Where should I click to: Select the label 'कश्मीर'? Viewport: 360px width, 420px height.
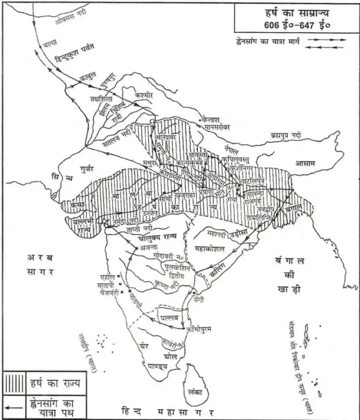144,95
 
